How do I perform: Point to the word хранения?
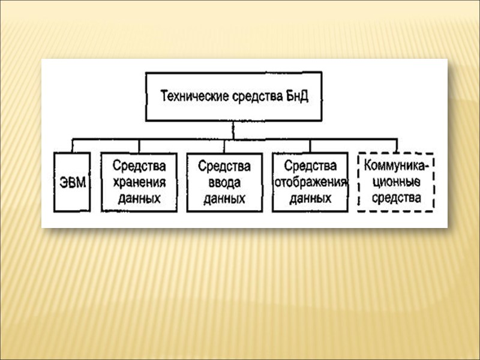(x=139, y=181)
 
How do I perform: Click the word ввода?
(x=224, y=182)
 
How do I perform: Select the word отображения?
(x=310, y=182)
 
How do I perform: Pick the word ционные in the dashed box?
(x=396, y=181)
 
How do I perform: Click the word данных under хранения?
(x=139, y=198)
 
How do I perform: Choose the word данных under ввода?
(x=224, y=199)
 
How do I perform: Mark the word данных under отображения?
(x=310, y=199)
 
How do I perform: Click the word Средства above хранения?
(x=139, y=165)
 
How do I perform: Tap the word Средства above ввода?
(x=224, y=165)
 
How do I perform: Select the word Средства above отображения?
(x=310, y=165)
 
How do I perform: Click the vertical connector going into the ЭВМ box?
(x=72, y=146)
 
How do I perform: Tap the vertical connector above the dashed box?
(x=396, y=146)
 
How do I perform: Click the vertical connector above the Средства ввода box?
(x=224, y=146)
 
